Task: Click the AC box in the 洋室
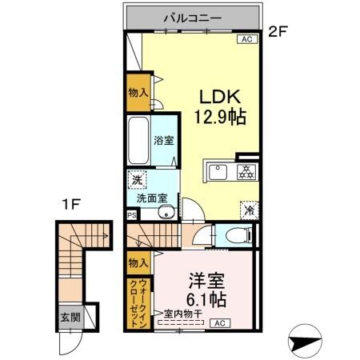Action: [220, 323]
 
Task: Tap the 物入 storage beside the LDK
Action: [138, 92]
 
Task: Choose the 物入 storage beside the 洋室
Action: [138, 262]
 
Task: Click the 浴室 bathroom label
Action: [163, 139]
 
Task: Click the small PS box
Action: [132, 214]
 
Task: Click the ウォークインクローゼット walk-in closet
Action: [138, 302]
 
